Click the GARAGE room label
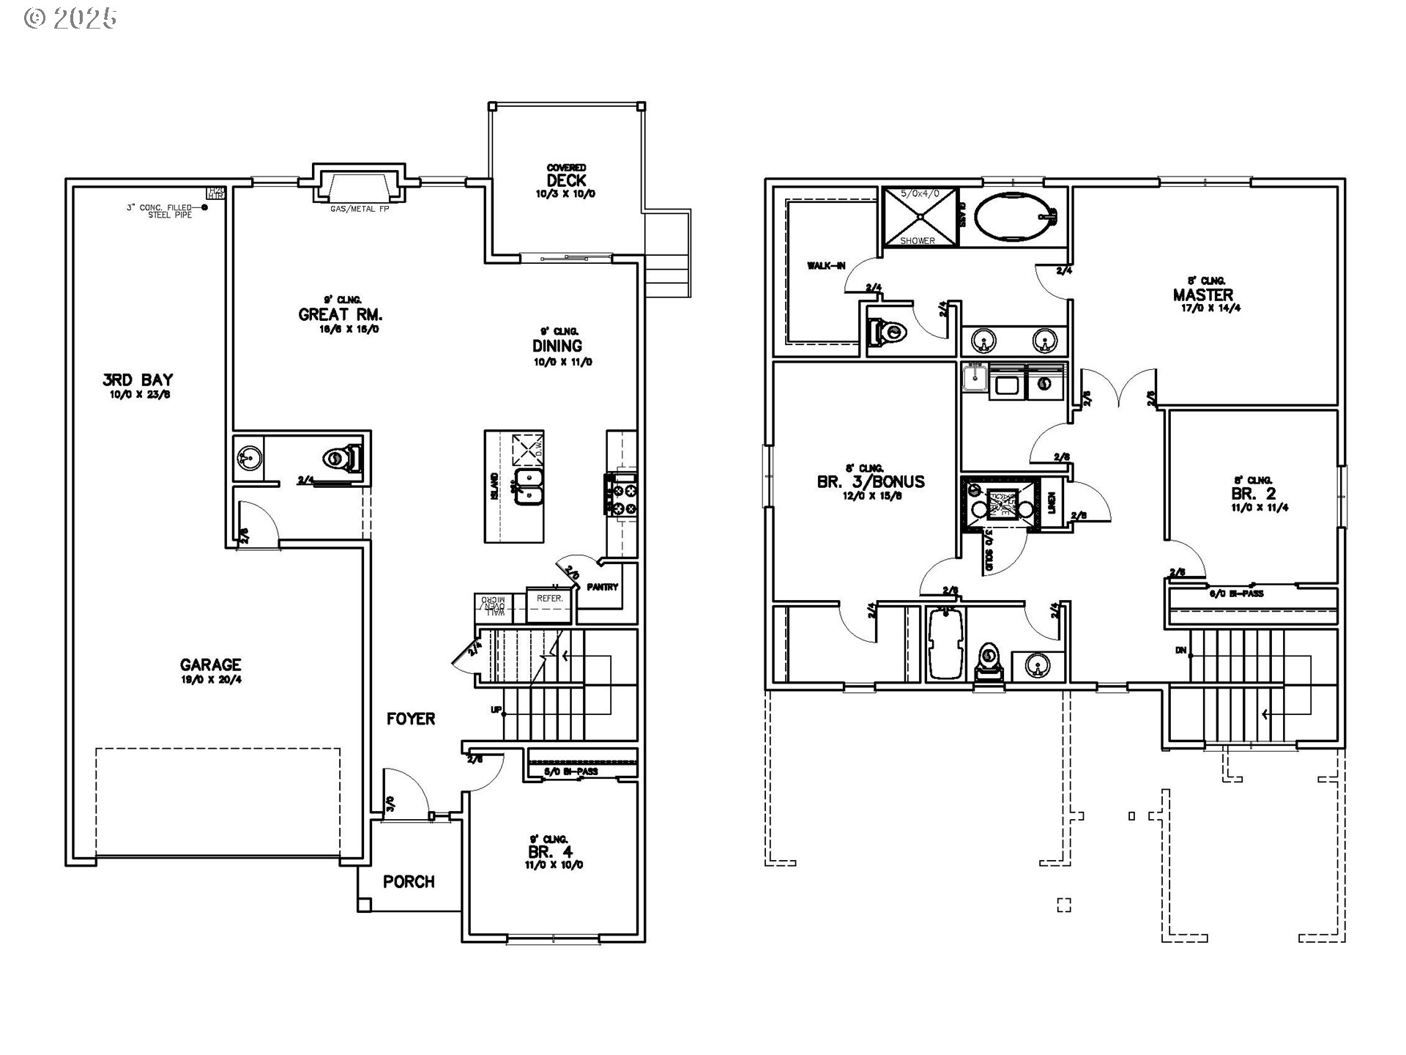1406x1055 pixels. click(x=210, y=665)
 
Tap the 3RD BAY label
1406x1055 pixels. click(x=137, y=380)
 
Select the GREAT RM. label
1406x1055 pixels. click(x=341, y=314)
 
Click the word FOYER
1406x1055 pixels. click(x=411, y=719)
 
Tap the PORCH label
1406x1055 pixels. click(x=409, y=881)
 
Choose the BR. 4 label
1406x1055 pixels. click(x=550, y=851)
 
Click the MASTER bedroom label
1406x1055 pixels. click(x=1202, y=295)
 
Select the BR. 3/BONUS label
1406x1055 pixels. click(x=870, y=481)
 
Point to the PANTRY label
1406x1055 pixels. click(x=603, y=587)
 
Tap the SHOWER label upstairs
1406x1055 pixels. click(x=917, y=240)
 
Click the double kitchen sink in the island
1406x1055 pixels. click(x=529, y=487)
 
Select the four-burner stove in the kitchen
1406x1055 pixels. click(x=621, y=495)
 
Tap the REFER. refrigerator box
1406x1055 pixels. click(x=549, y=599)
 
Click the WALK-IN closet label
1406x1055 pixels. click(x=826, y=265)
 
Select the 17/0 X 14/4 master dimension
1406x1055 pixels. click(x=1202, y=308)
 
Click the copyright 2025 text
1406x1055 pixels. click(x=70, y=18)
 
